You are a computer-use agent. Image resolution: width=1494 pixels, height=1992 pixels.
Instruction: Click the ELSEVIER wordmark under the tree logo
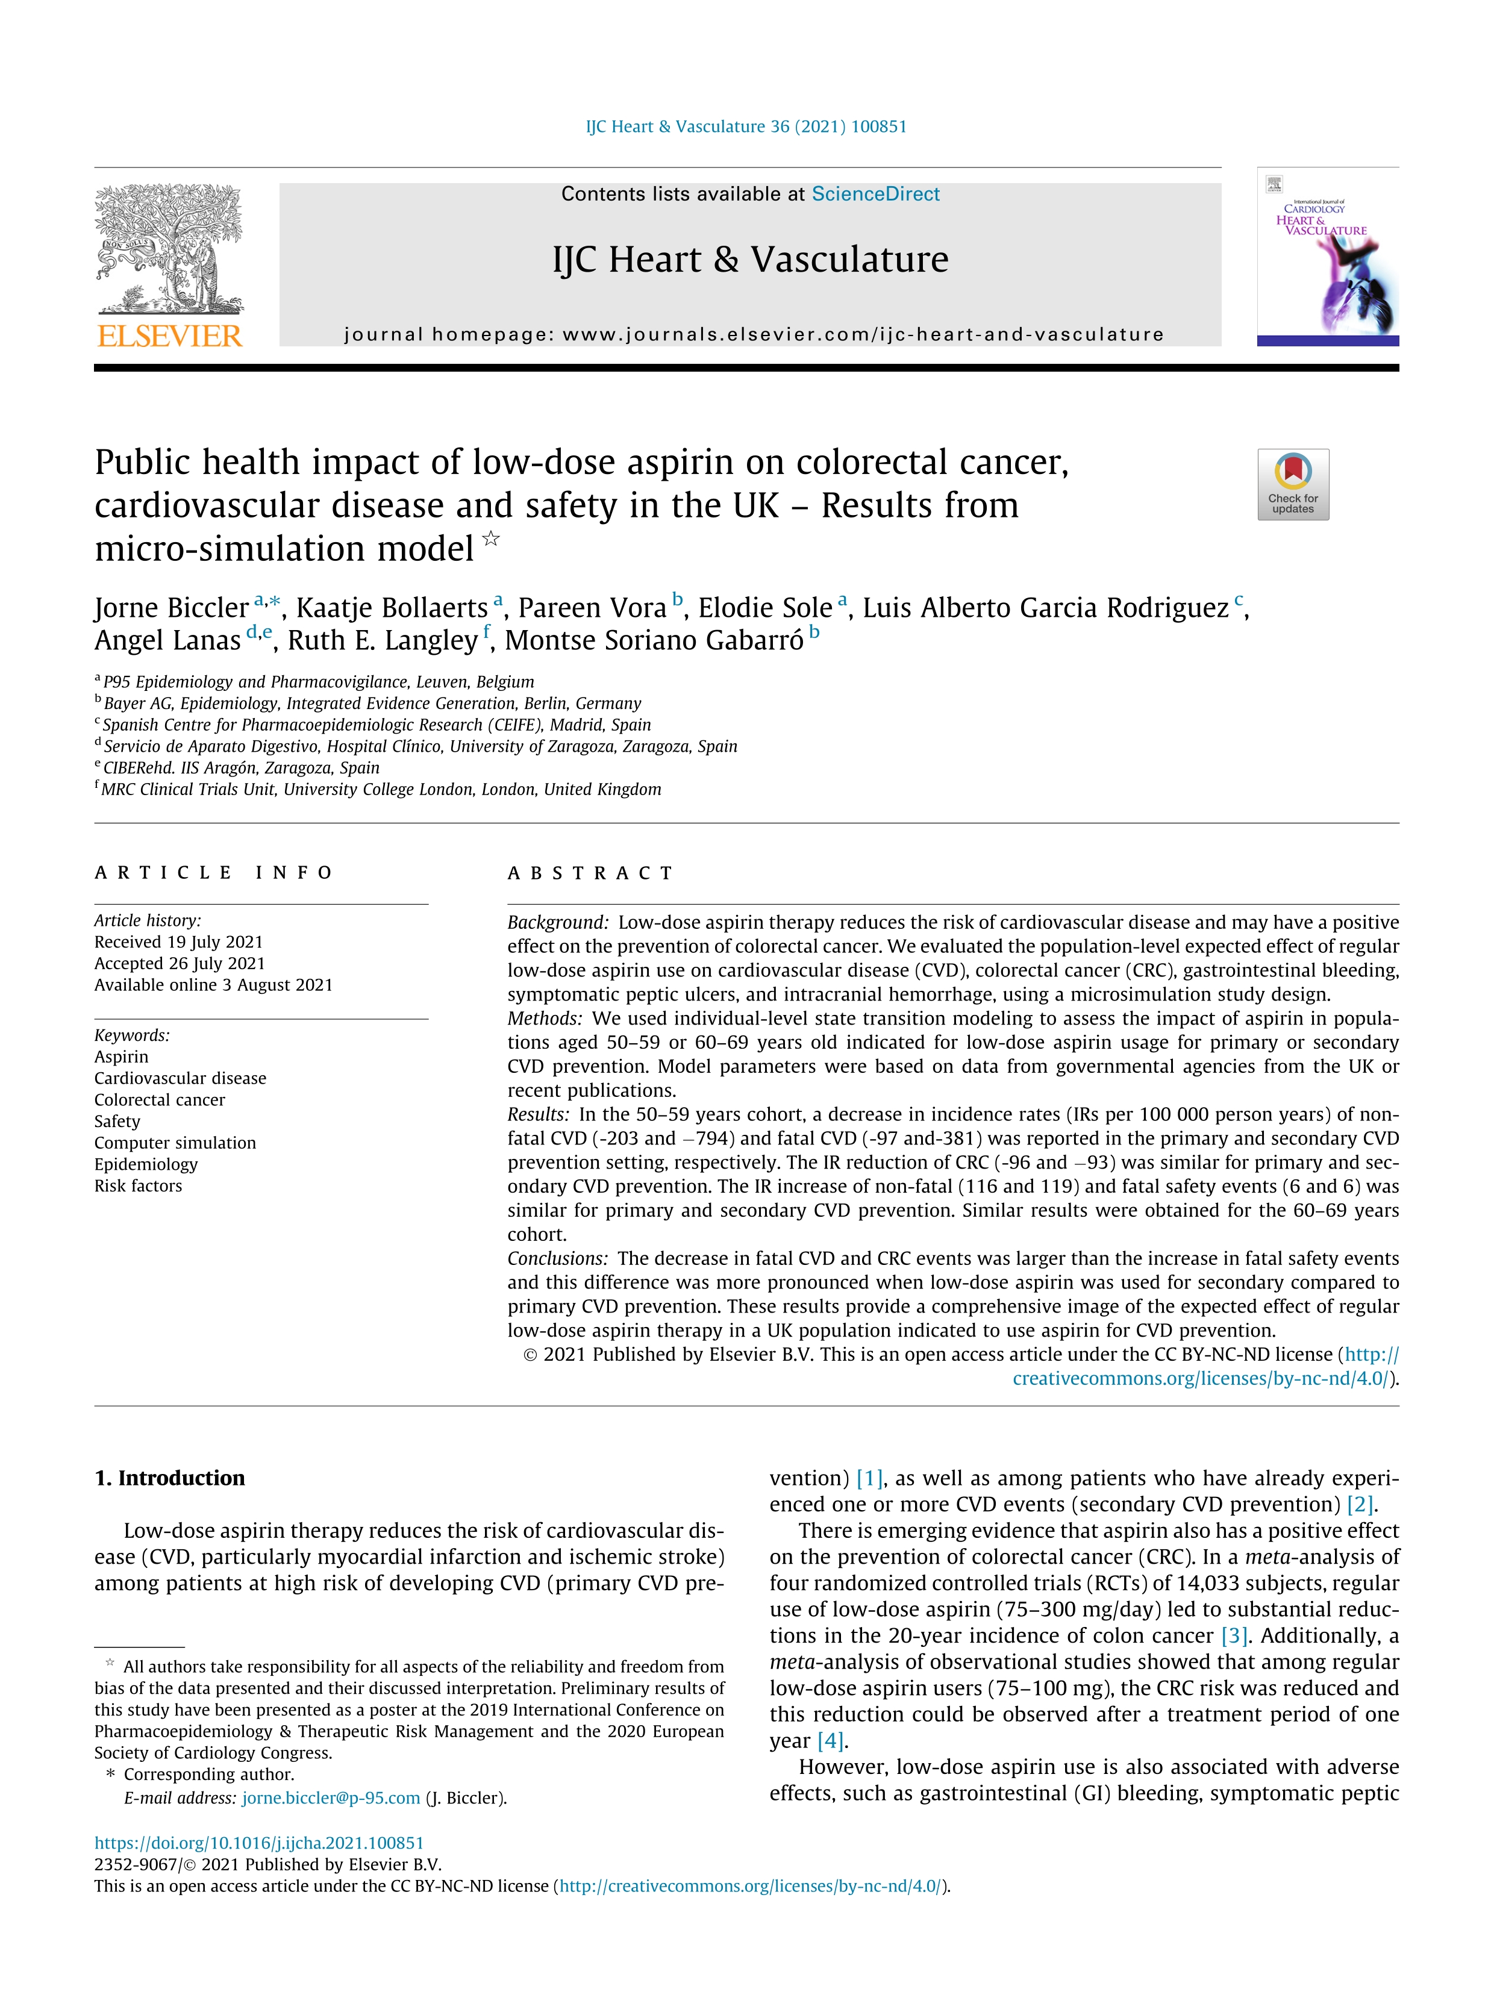coord(169,336)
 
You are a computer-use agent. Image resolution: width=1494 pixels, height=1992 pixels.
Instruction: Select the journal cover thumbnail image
coord(1327,257)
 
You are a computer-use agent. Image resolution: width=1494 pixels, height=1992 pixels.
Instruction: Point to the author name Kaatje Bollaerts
coord(392,608)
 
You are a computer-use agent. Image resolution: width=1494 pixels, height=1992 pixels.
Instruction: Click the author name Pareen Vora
coord(592,608)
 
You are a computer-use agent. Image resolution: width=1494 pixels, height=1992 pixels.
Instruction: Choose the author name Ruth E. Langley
coord(383,640)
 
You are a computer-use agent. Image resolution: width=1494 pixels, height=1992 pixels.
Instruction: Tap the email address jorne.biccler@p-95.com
coord(331,1799)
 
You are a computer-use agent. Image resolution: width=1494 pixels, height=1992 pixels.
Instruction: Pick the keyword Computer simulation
coord(175,1143)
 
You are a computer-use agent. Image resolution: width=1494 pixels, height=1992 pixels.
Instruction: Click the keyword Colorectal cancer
coord(160,1099)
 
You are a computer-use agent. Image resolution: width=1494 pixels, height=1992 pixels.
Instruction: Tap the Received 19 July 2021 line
coord(178,942)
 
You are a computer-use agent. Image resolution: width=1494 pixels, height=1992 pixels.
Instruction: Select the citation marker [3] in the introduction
coord(1234,1635)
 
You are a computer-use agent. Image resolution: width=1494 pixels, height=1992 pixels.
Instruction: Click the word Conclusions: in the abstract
coord(557,1258)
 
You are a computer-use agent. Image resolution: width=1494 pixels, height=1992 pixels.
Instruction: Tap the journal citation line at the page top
coord(746,127)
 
